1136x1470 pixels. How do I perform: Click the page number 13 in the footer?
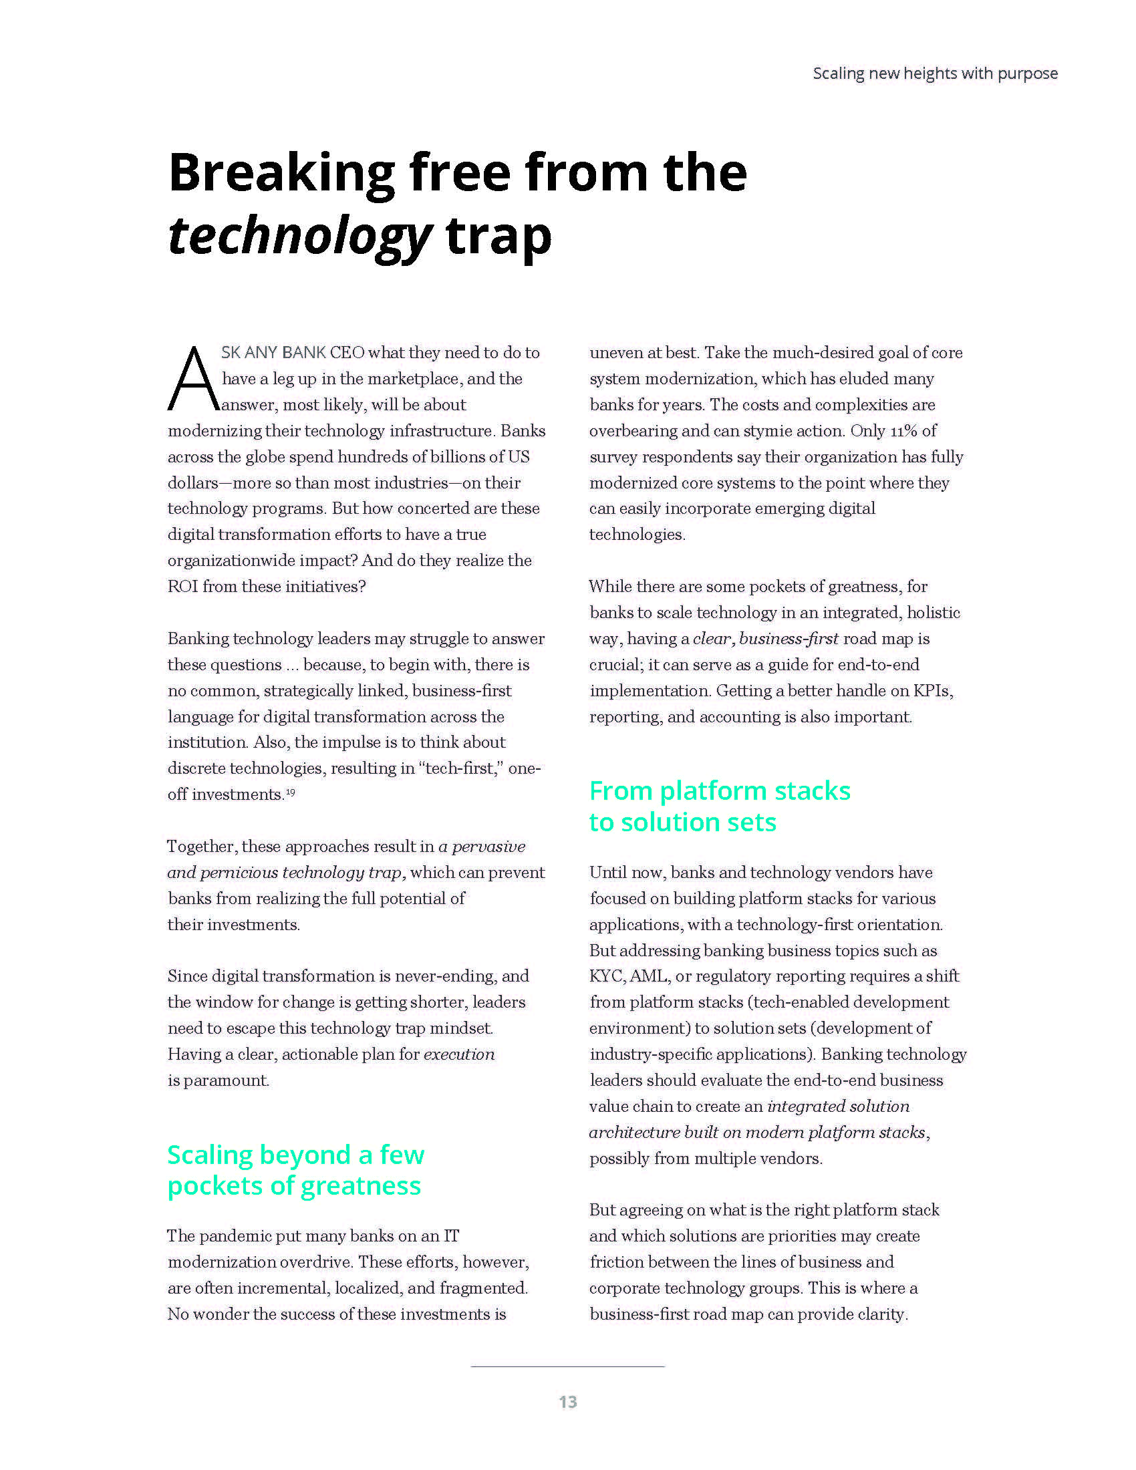click(x=567, y=1401)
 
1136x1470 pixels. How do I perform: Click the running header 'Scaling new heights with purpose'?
click(x=935, y=73)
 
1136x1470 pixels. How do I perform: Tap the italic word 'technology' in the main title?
click(x=299, y=237)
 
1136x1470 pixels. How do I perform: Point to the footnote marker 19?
click(x=290, y=792)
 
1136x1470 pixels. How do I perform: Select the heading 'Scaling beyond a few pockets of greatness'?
click(x=295, y=1170)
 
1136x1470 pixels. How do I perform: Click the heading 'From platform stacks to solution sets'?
click(x=719, y=806)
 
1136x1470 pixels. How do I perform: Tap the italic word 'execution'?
click(x=459, y=1054)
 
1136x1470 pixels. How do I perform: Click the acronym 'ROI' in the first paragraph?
click(x=182, y=586)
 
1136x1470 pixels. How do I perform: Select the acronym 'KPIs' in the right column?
click(x=932, y=691)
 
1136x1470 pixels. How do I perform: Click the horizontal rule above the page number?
click(x=567, y=1366)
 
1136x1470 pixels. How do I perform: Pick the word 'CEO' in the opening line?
click(x=347, y=353)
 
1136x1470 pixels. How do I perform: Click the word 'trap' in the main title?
click(x=498, y=237)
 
